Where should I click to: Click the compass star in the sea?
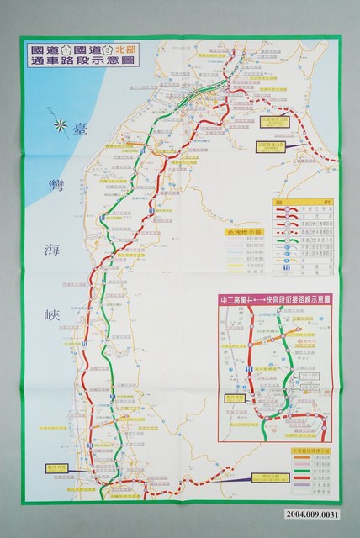[x=61, y=127]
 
